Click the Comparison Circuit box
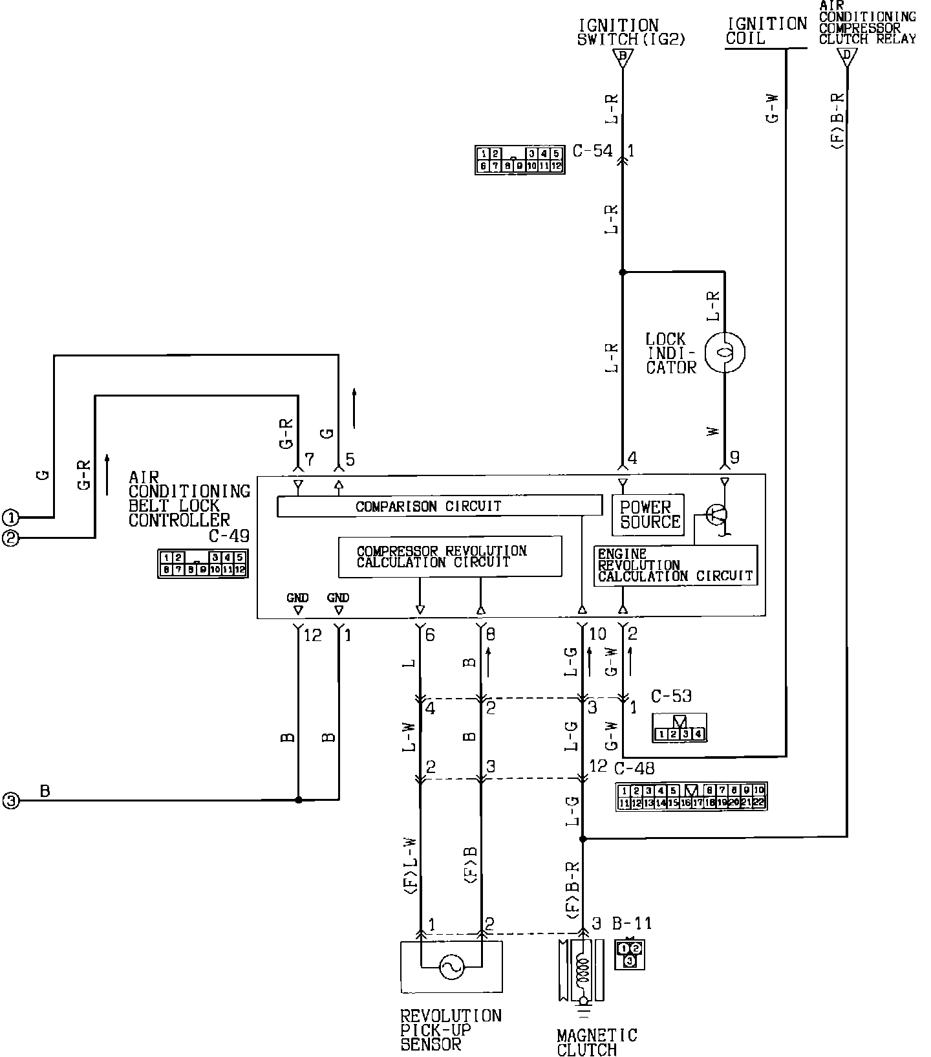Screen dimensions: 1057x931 (439, 506)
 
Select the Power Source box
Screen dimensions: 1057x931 (648, 515)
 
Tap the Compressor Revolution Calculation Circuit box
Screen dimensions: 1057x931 (450, 556)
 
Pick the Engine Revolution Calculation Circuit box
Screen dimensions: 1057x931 (675, 566)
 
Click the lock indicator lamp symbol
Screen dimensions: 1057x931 (725, 353)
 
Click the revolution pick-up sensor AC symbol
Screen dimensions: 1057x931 (451, 968)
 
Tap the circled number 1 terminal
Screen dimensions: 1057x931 (11, 518)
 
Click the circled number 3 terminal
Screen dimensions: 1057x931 (11, 801)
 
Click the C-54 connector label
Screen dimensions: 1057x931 (592, 151)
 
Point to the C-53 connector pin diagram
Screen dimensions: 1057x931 (679, 728)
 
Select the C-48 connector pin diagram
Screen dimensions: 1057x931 (691, 796)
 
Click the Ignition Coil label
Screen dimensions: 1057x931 (766, 31)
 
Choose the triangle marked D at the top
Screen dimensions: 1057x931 (846, 57)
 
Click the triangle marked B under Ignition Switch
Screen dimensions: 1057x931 (623, 58)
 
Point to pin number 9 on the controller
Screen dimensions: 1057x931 (734, 458)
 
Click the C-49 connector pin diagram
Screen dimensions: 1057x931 (203, 563)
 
